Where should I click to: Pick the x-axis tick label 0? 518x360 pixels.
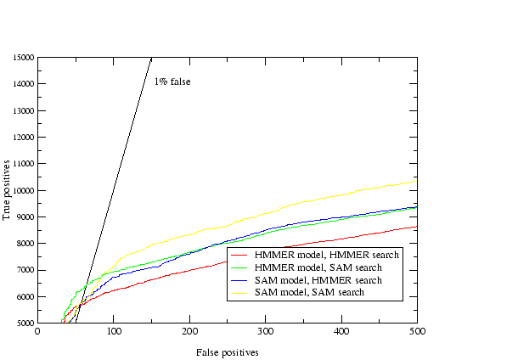click(x=37, y=333)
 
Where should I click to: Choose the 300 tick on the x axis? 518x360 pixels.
click(x=266, y=333)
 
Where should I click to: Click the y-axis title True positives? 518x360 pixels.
click(x=8, y=190)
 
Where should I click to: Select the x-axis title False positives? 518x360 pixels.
click(x=227, y=351)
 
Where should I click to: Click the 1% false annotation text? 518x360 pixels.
click(x=172, y=82)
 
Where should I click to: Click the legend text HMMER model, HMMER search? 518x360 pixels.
click(x=327, y=255)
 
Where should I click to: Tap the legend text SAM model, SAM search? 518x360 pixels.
click(x=309, y=292)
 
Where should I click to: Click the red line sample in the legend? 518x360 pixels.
click(x=240, y=255)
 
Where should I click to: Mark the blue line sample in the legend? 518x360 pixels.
click(x=240, y=279)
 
